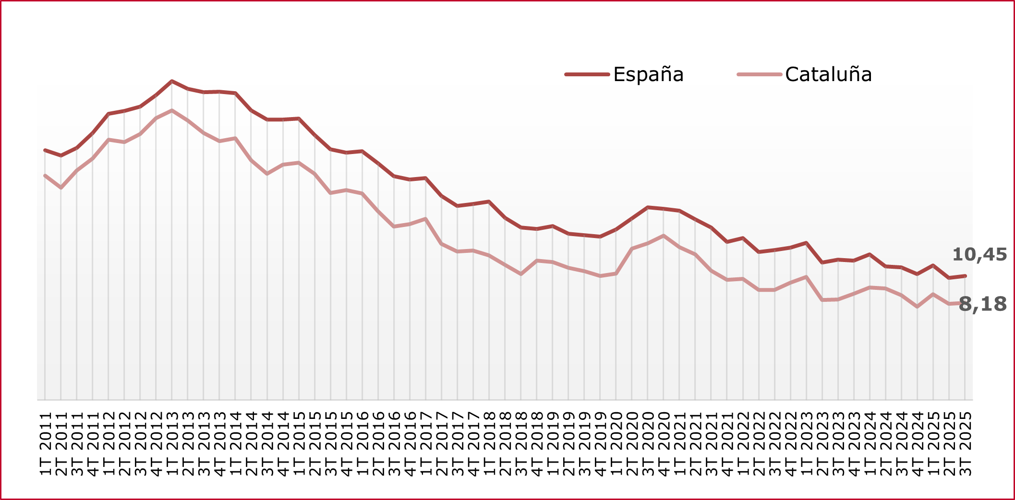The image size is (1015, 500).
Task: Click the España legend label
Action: (x=648, y=74)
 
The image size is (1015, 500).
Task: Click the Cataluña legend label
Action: (x=828, y=74)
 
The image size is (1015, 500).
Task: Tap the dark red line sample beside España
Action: (x=587, y=74)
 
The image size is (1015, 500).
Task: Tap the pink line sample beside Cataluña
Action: (x=759, y=74)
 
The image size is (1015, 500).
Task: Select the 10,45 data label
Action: (x=979, y=254)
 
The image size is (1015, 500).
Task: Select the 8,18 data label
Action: (x=983, y=304)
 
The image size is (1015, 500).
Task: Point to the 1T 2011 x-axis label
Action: (x=45, y=443)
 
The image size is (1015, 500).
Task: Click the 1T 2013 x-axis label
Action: (x=172, y=443)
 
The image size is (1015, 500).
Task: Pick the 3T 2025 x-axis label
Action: (x=965, y=443)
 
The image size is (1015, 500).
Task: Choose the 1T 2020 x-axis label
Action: (x=616, y=443)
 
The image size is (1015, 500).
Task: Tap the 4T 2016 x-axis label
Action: (x=410, y=443)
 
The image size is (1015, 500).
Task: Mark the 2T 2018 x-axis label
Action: (x=505, y=443)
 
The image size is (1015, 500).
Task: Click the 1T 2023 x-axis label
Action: (x=806, y=443)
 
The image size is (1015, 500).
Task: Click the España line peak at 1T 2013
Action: (x=172, y=81)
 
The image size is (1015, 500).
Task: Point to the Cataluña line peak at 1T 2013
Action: (x=172, y=110)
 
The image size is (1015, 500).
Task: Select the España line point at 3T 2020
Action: (x=648, y=207)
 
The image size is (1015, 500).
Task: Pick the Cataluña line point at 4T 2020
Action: (x=664, y=236)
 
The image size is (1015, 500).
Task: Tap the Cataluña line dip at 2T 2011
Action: (x=61, y=188)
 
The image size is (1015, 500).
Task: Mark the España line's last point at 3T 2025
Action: (x=965, y=276)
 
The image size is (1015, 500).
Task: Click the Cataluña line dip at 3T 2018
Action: (x=521, y=274)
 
